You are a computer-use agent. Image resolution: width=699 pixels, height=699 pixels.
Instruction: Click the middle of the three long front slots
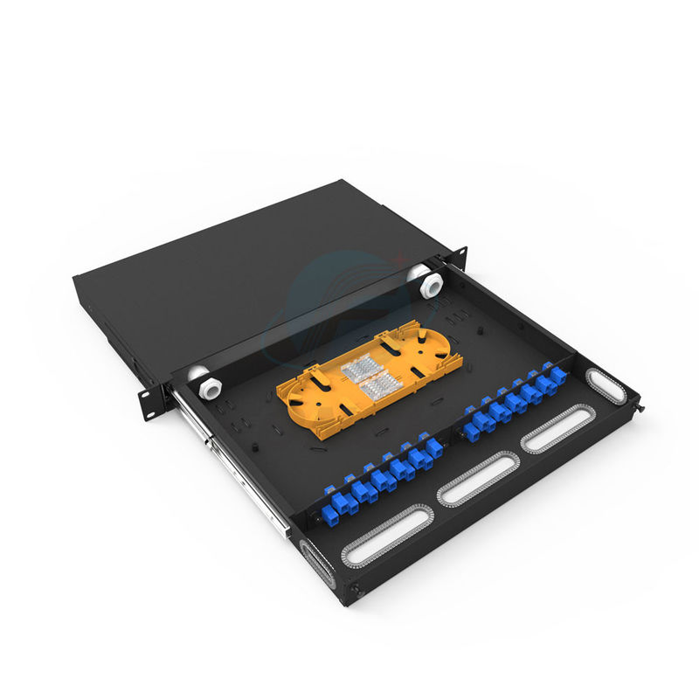[x=477, y=478]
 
